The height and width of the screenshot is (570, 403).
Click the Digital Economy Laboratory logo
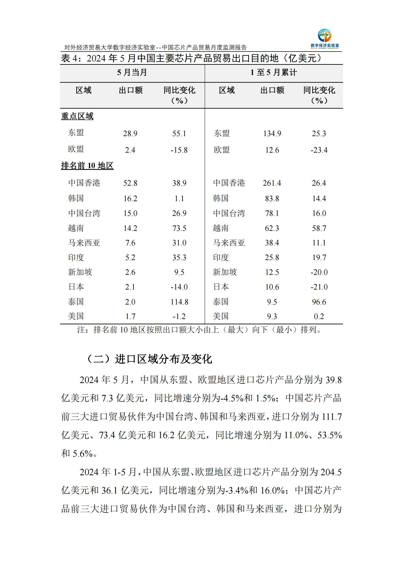click(x=324, y=39)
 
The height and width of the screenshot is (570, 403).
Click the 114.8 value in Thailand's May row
click(x=179, y=302)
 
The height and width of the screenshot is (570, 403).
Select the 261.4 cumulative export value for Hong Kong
click(x=272, y=183)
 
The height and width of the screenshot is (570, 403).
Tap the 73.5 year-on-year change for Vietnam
click(x=179, y=228)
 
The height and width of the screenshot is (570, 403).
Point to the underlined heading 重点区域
click(x=77, y=116)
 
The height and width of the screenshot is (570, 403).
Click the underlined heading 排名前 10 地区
click(x=87, y=166)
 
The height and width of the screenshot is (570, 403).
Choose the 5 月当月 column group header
click(x=132, y=72)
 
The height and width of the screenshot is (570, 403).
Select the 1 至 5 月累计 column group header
click(x=274, y=72)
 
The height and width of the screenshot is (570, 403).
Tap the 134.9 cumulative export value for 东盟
click(x=272, y=134)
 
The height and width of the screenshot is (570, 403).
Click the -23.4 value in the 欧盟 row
click(x=319, y=150)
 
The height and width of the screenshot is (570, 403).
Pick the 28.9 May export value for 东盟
click(x=130, y=134)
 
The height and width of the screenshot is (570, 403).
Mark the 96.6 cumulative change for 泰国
click(x=319, y=302)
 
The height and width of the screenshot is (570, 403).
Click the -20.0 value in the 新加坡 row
click(x=319, y=272)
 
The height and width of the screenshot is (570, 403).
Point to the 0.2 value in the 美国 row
click(x=319, y=316)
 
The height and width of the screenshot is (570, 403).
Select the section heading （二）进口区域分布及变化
click(x=149, y=359)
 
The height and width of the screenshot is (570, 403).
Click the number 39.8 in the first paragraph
click(x=334, y=380)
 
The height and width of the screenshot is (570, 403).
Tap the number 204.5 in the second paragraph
click(x=331, y=472)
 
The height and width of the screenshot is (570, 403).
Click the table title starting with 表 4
click(x=191, y=58)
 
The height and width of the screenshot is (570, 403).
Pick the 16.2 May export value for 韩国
click(x=130, y=198)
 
